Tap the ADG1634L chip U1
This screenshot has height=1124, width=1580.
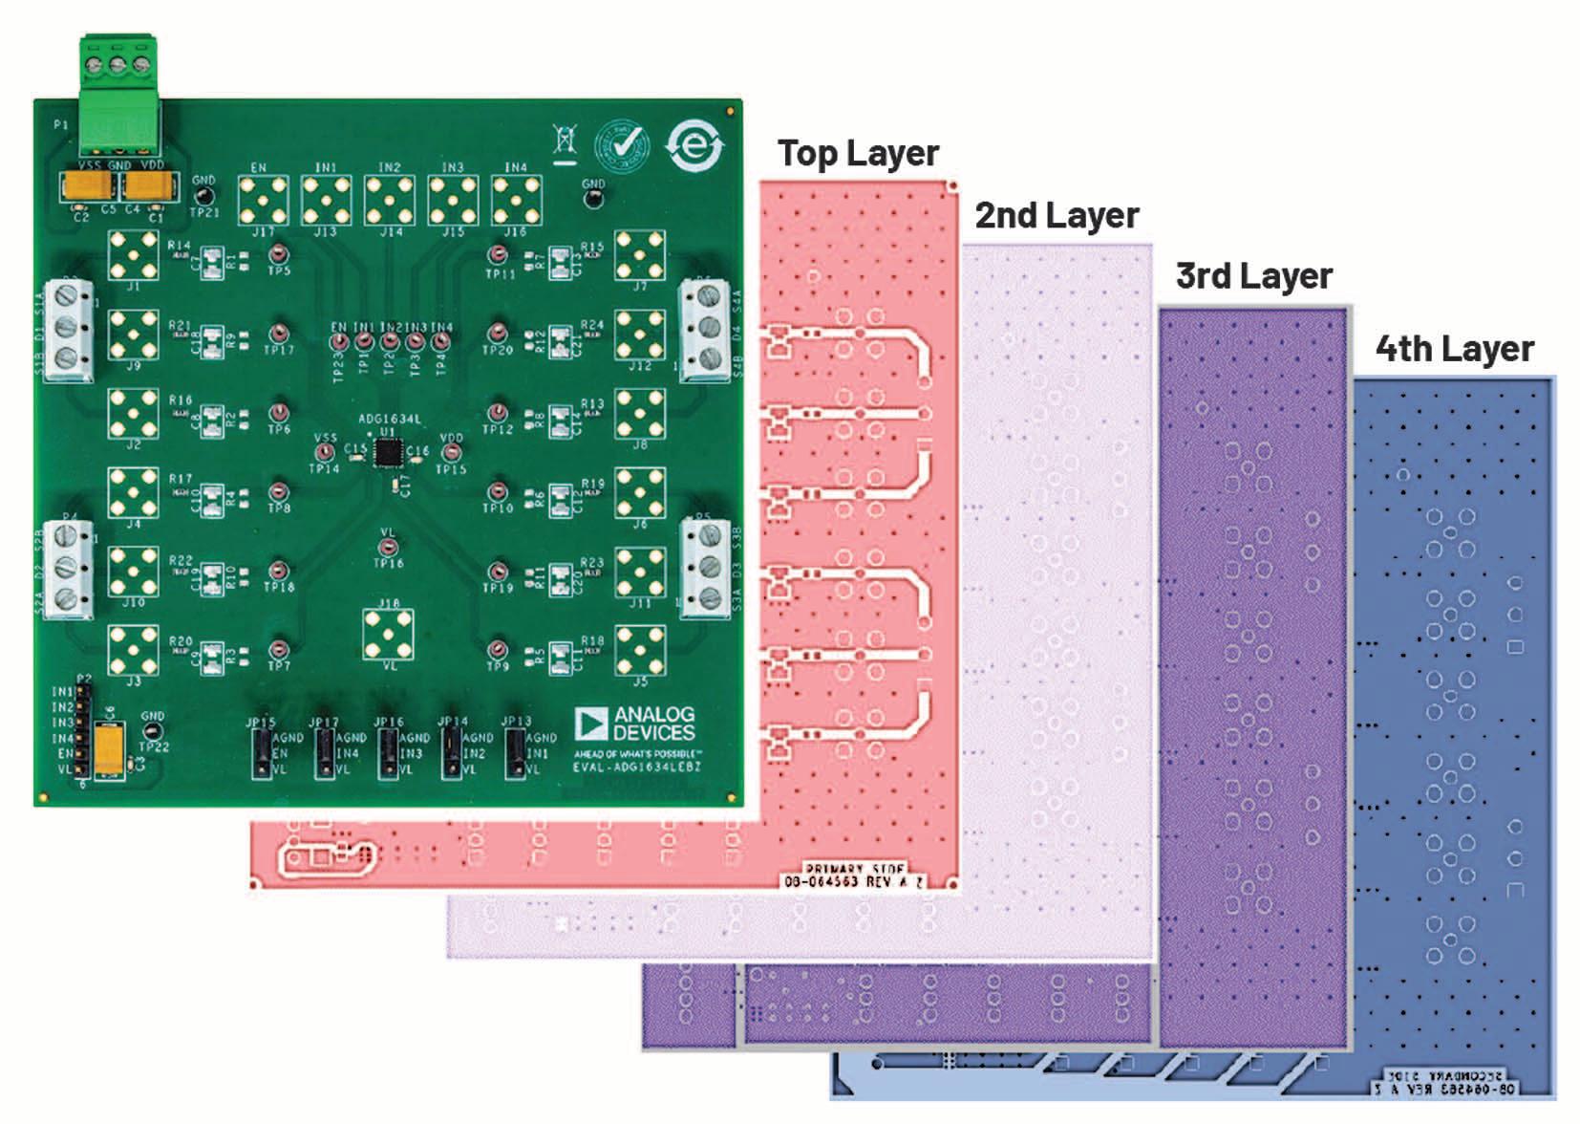[387, 453]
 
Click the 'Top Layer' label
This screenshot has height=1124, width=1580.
[858, 153]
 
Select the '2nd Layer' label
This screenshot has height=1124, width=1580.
[1057, 216]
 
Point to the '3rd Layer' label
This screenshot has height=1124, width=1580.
[1253, 276]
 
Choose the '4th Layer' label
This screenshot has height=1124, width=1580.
[1454, 349]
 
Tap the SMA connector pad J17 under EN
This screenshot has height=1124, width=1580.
[262, 200]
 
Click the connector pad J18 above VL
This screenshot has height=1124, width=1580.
[388, 632]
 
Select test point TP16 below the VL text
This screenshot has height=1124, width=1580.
[388, 548]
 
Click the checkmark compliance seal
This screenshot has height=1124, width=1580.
[623, 147]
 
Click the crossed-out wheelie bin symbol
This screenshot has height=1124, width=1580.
[566, 141]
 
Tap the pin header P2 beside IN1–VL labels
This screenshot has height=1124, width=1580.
[81, 731]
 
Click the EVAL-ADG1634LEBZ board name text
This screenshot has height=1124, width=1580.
[637, 767]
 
